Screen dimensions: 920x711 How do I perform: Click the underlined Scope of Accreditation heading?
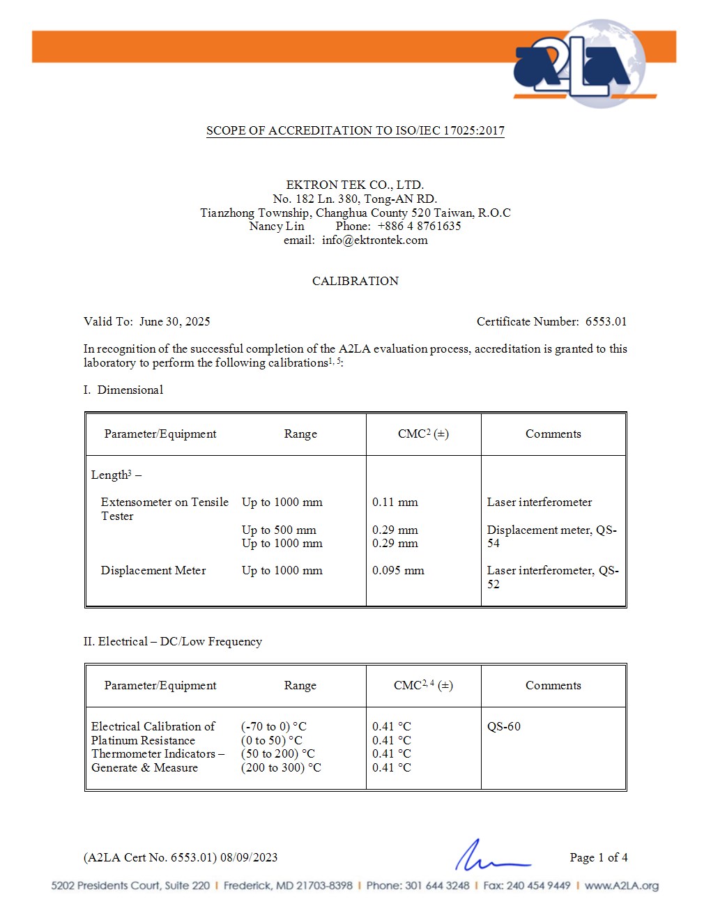[x=355, y=130]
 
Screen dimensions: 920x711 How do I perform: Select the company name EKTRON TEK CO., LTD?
[x=355, y=185]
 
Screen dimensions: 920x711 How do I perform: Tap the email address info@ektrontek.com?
[x=374, y=240]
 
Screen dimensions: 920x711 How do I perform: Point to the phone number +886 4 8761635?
[x=419, y=226]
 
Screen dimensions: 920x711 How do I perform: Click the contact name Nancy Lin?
[x=277, y=226]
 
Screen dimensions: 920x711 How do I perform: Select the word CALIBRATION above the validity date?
[x=355, y=281]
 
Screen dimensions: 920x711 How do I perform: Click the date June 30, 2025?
[x=174, y=321]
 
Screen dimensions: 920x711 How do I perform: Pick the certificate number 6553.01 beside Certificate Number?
[x=606, y=321]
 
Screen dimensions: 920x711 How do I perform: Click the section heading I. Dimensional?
[x=123, y=390]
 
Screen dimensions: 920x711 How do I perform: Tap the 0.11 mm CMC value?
[x=395, y=502]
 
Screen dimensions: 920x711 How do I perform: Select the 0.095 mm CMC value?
[x=398, y=570]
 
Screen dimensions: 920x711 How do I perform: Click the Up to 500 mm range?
[x=279, y=530]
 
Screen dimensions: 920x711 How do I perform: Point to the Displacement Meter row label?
[x=153, y=570]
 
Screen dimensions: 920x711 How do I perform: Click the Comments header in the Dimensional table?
[x=553, y=434]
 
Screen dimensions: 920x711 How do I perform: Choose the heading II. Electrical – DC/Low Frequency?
[x=173, y=641]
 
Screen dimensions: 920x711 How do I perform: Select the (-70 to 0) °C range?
[x=273, y=726]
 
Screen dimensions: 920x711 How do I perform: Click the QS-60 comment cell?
[x=504, y=726]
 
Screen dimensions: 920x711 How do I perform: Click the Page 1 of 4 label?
[x=598, y=857]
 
